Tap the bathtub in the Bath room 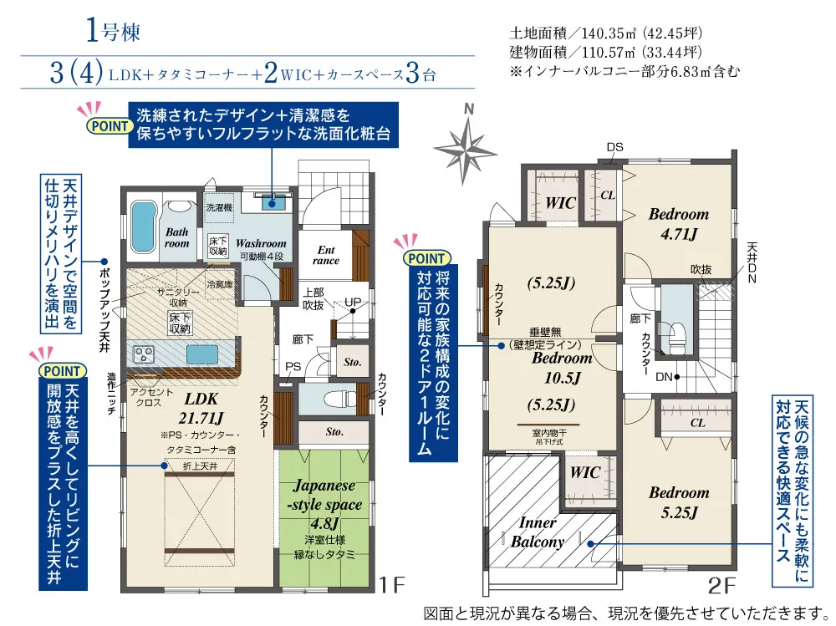(142, 226)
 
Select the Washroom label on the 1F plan (261, 243)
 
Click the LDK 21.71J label (201, 408)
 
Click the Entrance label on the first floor (326, 255)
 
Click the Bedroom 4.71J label (679, 224)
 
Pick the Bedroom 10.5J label (562, 368)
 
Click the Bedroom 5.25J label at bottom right (679, 502)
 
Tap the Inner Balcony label (538, 532)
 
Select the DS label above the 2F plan (614, 146)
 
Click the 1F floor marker (392, 584)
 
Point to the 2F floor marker (721, 586)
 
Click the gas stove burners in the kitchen (144, 354)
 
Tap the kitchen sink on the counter (202, 354)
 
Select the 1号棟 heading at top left (113, 30)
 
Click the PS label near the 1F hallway (293, 366)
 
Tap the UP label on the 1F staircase (353, 302)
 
